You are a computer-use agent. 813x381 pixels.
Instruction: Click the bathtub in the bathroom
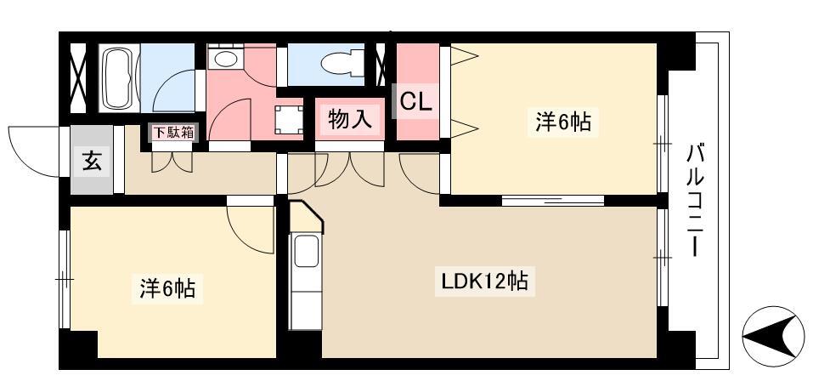[x=120, y=78]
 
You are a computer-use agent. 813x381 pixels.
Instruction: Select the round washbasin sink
[x=225, y=59]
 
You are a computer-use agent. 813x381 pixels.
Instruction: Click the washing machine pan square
[x=289, y=119]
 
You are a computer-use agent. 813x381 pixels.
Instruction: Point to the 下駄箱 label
[x=173, y=133]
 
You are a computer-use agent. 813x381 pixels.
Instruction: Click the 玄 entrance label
[x=91, y=162]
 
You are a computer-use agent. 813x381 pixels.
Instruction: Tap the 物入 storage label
[x=351, y=119]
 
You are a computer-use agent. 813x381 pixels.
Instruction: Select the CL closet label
[x=416, y=102]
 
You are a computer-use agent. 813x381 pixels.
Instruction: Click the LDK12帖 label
[x=485, y=281]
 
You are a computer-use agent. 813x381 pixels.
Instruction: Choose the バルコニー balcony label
[x=697, y=201]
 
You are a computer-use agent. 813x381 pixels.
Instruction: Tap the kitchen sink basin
[x=306, y=250]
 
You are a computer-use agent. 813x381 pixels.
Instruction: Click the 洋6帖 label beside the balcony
[x=563, y=122]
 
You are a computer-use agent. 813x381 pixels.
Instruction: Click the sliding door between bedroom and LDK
[x=553, y=201]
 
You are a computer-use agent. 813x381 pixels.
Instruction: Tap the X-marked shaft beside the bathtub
[x=78, y=78]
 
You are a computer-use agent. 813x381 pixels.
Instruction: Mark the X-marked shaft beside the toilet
[x=381, y=65]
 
